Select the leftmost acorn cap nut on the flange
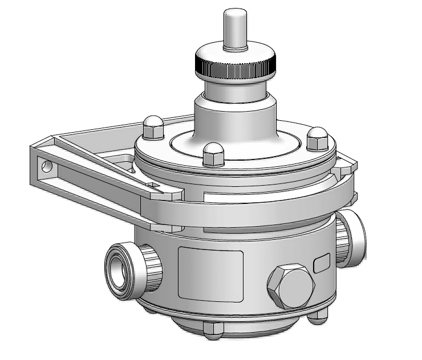pyautogui.click(x=152, y=127)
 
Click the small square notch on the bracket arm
pyautogui.click(x=152, y=185)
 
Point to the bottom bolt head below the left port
pyautogui.click(x=149, y=309)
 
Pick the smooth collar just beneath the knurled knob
pyautogui.click(x=236, y=91)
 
